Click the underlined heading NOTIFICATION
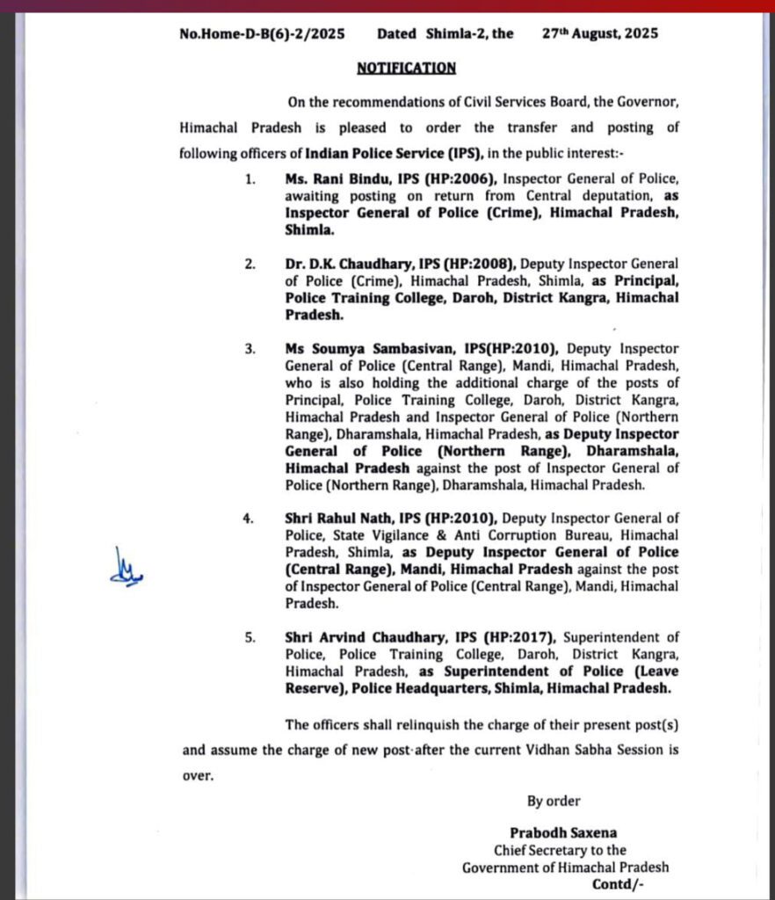coord(406,68)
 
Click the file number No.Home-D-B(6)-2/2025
coord(262,34)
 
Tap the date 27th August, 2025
coord(600,34)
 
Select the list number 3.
coord(250,349)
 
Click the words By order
coord(554,801)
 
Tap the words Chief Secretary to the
coord(560,850)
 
